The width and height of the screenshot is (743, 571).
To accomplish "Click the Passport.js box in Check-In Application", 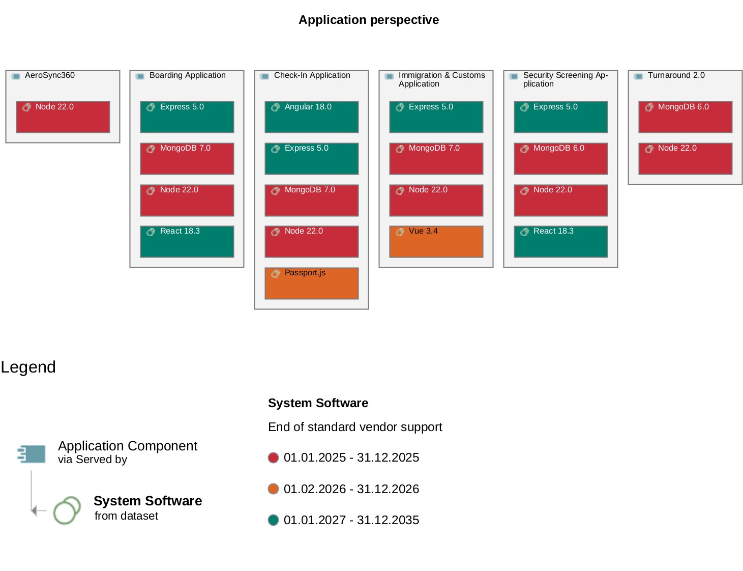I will pyautogui.click(x=311, y=283).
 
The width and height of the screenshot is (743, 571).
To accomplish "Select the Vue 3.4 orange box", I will pyautogui.click(x=436, y=242).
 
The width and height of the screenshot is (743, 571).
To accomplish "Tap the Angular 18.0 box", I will pyautogui.click(x=311, y=117).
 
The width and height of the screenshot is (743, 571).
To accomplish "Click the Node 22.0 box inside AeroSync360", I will pyautogui.click(x=63, y=117).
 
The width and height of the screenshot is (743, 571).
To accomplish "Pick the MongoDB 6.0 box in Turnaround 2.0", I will pyautogui.click(x=685, y=117).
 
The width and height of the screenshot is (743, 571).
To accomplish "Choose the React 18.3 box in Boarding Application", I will pyautogui.click(x=187, y=242).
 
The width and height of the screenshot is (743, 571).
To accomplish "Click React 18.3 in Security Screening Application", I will pyautogui.click(x=560, y=242).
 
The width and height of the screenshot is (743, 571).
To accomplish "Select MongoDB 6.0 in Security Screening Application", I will pyautogui.click(x=560, y=159).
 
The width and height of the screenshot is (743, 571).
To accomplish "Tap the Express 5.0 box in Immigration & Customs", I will pyautogui.click(x=436, y=117).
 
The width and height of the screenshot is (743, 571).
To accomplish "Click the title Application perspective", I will pyautogui.click(x=369, y=20).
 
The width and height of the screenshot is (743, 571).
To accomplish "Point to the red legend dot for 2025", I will pyautogui.click(x=273, y=458).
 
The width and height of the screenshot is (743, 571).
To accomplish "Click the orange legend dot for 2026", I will pyautogui.click(x=273, y=489).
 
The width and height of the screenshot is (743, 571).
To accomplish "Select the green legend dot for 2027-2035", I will pyautogui.click(x=273, y=520).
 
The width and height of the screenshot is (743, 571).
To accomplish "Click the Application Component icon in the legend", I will pyautogui.click(x=32, y=453).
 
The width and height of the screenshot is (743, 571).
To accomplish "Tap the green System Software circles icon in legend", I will pyautogui.click(x=67, y=510).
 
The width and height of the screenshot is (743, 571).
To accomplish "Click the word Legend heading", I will pyautogui.click(x=28, y=367).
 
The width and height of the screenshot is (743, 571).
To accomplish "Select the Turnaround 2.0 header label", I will pyautogui.click(x=676, y=75).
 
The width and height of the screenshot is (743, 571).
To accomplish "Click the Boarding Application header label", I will pyautogui.click(x=187, y=75).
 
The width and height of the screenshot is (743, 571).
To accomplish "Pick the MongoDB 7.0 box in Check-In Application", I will pyautogui.click(x=311, y=200).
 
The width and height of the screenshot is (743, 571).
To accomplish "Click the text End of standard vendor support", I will pyautogui.click(x=355, y=427).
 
